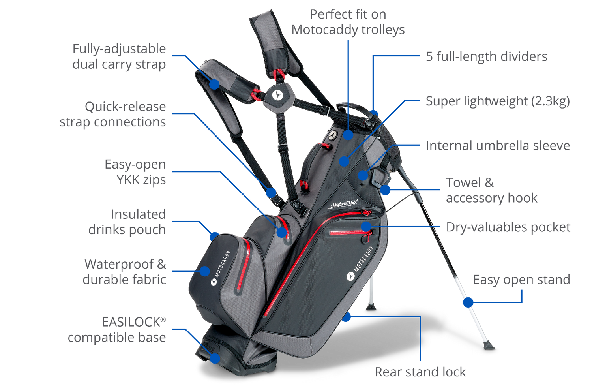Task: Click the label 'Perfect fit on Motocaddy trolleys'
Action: (x=348, y=22)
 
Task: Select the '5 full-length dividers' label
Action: (x=487, y=56)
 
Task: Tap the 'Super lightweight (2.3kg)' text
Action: (x=498, y=101)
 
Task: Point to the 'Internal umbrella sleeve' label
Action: (x=498, y=146)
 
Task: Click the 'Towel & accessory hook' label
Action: (x=491, y=190)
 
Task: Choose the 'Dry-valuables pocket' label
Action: (x=508, y=227)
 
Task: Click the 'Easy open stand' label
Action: (x=521, y=280)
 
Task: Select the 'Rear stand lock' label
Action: (x=420, y=372)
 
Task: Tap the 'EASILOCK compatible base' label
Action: (x=117, y=330)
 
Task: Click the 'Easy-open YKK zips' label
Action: (x=135, y=172)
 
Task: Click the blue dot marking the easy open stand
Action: (x=468, y=302)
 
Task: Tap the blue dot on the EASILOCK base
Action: (x=215, y=358)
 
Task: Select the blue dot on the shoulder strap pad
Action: (x=214, y=84)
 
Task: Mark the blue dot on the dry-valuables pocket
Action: (x=366, y=226)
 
